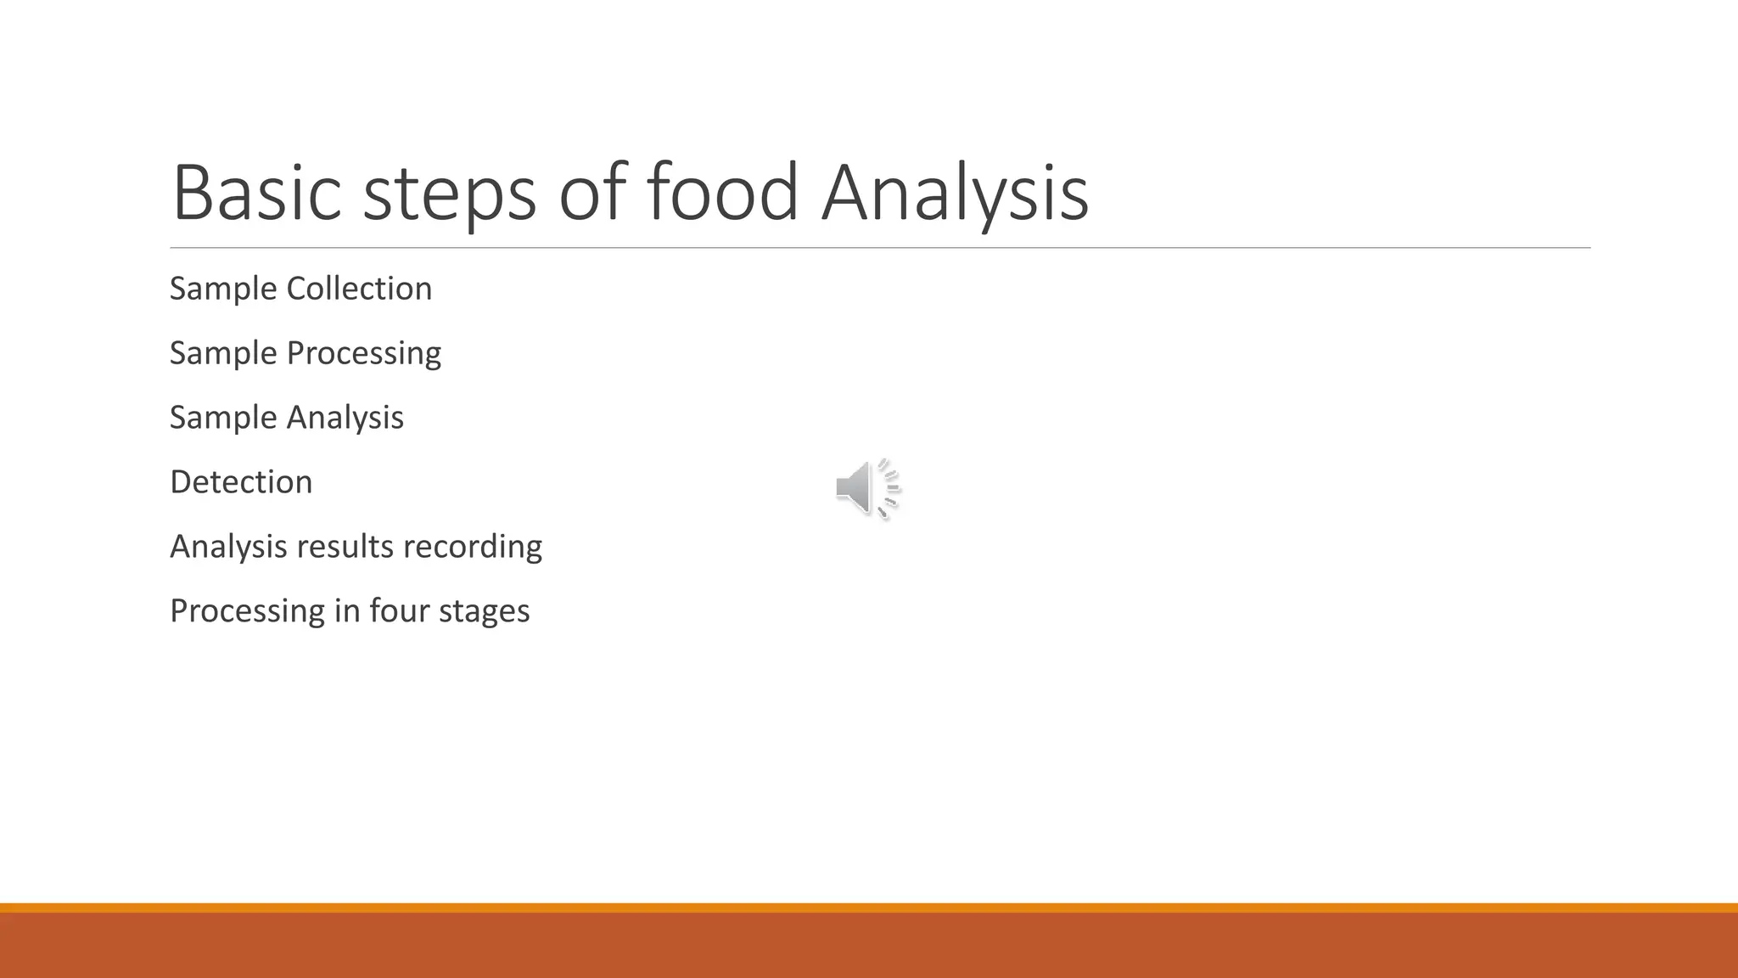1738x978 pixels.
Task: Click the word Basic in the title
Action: (256, 194)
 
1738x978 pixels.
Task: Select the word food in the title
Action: (722, 194)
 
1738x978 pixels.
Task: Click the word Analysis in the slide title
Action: (955, 194)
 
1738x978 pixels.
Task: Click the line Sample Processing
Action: (306, 353)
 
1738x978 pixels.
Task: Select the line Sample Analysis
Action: (287, 418)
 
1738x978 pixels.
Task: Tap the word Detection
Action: (241, 482)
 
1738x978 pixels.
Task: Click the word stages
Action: (484, 611)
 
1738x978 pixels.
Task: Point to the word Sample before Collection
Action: (224, 289)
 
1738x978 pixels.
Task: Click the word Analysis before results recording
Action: (228, 547)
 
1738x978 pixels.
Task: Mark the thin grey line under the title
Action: (879, 248)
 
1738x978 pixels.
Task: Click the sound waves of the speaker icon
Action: (889, 488)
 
